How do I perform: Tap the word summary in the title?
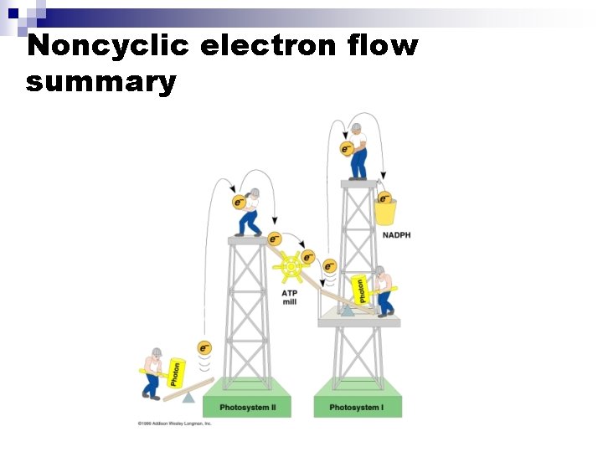click(101, 82)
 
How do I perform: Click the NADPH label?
click(396, 235)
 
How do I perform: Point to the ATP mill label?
click(290, 297)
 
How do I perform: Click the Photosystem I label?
click(357, 408)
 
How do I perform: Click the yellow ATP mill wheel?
click(290, 267)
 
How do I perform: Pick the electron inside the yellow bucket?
click(384, 198)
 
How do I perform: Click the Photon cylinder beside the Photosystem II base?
click(176, 373)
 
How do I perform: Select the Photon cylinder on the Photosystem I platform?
click(361, 290)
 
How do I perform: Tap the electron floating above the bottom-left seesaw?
click(204, 347)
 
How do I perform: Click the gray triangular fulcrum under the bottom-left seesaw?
click(188, 397)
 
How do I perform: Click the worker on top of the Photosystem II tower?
click(250, 212)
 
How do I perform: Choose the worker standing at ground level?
click(152, 372)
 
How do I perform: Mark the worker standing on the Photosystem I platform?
click(384, 290)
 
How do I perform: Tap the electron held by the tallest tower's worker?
click(346, 149)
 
